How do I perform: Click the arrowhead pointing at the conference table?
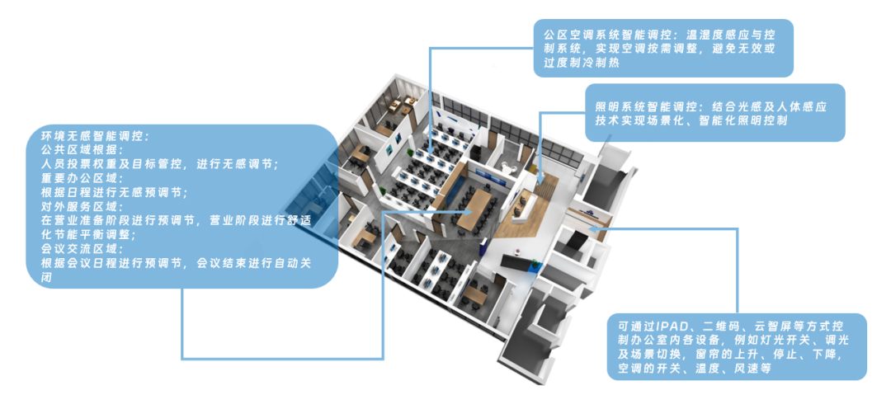click(x=469, y=211)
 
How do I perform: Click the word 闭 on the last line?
click(x=47, y=278)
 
